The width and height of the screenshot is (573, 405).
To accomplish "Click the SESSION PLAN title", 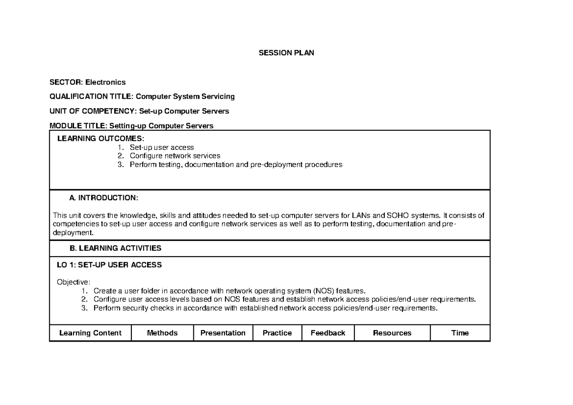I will (286, 53).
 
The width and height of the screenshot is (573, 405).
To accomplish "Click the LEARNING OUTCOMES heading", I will (100, 138).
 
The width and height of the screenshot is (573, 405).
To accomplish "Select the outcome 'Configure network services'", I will (175, 156).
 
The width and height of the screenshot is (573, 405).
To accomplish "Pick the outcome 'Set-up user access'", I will (161, 147).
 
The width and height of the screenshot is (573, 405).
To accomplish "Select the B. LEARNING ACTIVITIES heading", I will (115, 248).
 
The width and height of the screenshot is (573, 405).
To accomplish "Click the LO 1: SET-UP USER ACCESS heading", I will (109, 265).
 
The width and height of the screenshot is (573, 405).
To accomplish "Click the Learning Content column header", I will (90, 333).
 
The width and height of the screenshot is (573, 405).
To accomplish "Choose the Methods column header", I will (162, 333).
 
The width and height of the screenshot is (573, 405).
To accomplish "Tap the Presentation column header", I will (223, 333).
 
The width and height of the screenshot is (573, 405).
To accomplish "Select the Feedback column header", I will (328, 333).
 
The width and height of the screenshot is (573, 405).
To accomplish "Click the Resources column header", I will (392, 333).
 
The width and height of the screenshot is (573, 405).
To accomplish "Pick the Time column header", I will (460, 333).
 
